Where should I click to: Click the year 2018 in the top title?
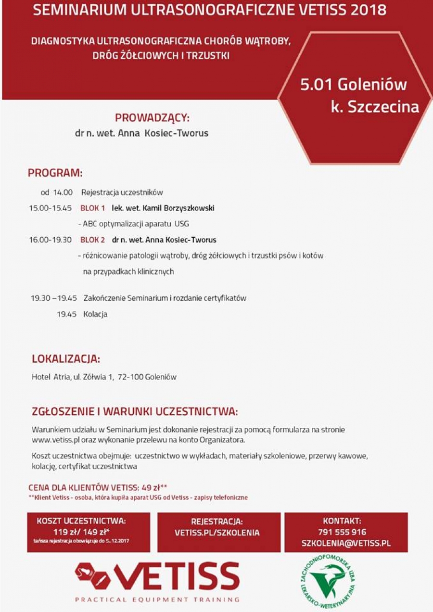[368, 10]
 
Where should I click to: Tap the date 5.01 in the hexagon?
[316, 85]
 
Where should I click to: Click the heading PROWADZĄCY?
[152, 118]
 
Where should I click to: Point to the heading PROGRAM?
[55, 173]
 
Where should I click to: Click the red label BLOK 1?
[93, 208]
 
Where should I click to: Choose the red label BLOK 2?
[93, 240]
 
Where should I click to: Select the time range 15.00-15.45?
[50, 208]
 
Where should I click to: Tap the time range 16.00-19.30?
[50, 240]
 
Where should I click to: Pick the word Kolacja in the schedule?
[95, 314]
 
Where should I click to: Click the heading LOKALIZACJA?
[66, 359]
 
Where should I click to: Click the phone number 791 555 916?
[342, 532]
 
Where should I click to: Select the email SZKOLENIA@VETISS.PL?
[346, 543]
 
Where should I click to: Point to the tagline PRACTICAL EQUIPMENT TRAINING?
[157, 599]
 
